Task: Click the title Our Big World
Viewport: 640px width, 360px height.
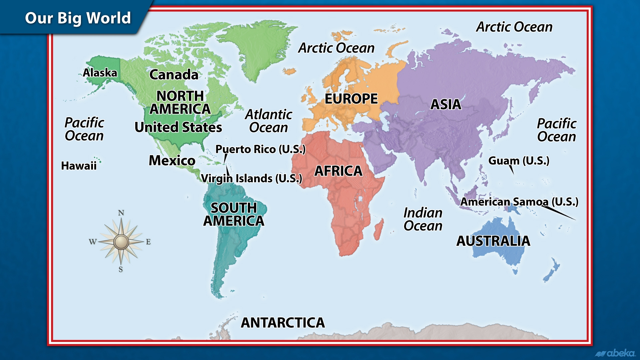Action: point(78,18)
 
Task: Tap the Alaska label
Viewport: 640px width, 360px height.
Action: point(100,73)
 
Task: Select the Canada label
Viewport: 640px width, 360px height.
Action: point(174,75)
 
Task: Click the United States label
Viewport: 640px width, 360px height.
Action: point(178,127)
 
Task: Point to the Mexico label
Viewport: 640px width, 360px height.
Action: point(172,161)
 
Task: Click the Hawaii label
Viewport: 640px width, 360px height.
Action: point(79,166)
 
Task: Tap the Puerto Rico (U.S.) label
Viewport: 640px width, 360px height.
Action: point(260,149)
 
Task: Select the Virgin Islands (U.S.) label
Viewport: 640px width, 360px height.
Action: point(252,179)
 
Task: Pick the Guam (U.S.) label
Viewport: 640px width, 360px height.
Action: point(519,161)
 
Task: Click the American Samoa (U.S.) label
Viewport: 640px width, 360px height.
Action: point(519,202)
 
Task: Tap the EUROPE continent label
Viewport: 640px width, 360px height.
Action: point(351,99)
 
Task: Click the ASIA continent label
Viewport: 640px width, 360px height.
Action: point(446,105)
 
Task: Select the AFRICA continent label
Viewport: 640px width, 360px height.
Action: point(338,171)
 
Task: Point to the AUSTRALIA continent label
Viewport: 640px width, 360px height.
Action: point(493,241)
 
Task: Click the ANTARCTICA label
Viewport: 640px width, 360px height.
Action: point(283,323)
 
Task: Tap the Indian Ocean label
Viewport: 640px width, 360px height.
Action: point(423,219)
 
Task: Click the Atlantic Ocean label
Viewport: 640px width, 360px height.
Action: point(269,121)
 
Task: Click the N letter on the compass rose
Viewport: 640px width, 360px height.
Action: point(121,213)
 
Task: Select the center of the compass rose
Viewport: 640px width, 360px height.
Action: point(121,242)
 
